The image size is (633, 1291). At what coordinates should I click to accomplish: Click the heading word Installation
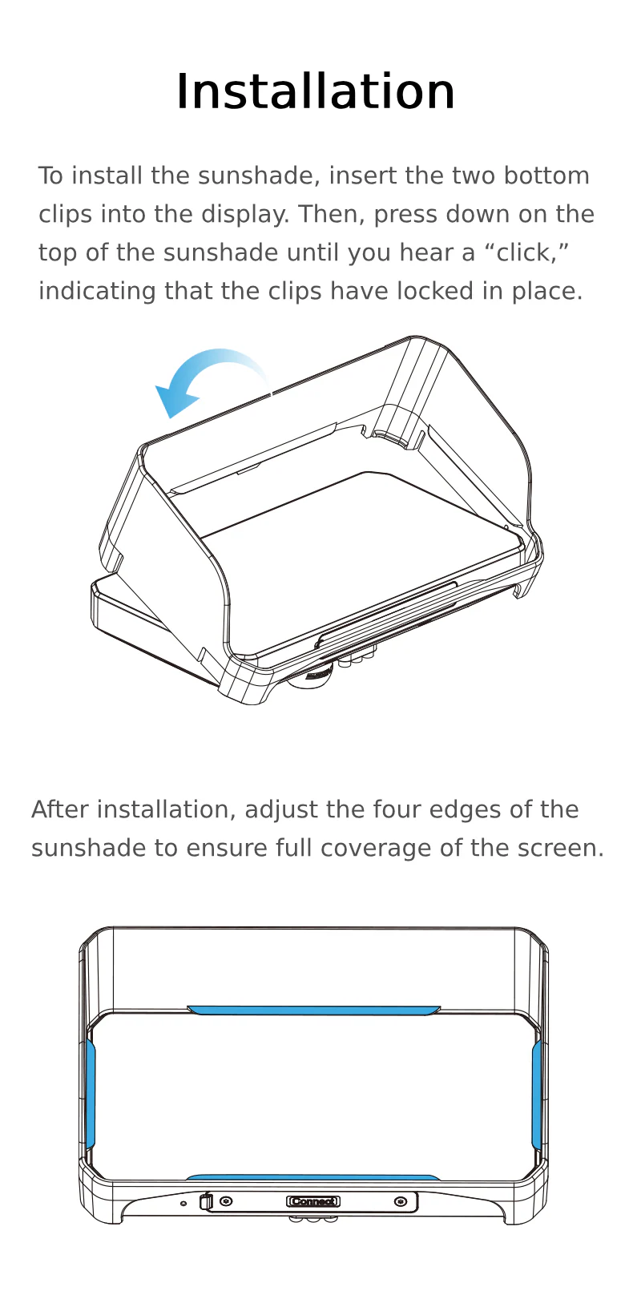click(x=316, y=91)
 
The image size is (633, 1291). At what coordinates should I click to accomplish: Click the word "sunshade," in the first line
click(x=259, y=175)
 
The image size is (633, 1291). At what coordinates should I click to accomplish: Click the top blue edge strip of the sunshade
click(x=314, y=1010)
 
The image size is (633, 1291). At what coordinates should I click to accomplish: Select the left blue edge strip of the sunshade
click(x=90, y=1093)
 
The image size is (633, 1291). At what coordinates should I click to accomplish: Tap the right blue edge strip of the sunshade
click(x=538, y=1093)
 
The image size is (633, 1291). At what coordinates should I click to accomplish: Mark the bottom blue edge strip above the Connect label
click(x=313, y=1177)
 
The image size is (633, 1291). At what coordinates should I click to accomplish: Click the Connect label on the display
click(x=313, y=1201)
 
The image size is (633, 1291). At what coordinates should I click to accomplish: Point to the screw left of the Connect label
click(x=227, y=1201)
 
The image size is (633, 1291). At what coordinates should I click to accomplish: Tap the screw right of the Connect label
click(x=400, y=1202)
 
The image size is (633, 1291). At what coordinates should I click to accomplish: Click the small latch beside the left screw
click(x=206, y=1202)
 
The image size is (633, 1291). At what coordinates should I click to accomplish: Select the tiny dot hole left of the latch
click(x=183, y=1204)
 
